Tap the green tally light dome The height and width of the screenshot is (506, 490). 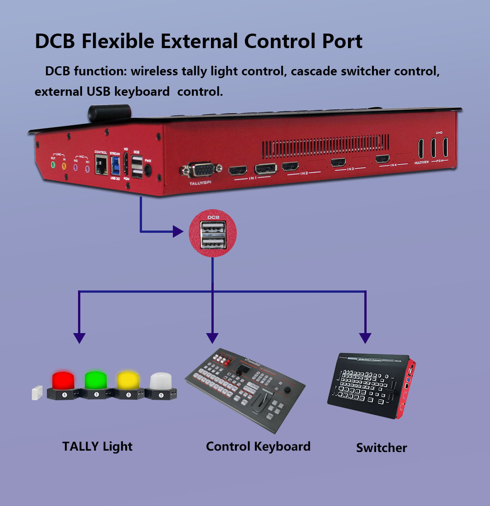(x=97, y=380)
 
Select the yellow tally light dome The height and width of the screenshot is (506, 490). (x=129, y=380)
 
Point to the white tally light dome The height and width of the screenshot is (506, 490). (x=161, y=380)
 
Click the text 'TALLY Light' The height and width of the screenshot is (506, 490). (x=97, y=446)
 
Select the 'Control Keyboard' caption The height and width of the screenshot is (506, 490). (x=258, y=446)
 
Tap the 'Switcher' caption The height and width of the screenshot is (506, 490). (x=381, y=448)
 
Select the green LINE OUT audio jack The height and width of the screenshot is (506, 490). (x=53, y=165)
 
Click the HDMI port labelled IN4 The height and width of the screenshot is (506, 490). (x=382, y=159)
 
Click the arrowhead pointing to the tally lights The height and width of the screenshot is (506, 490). (x=79, y=338)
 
